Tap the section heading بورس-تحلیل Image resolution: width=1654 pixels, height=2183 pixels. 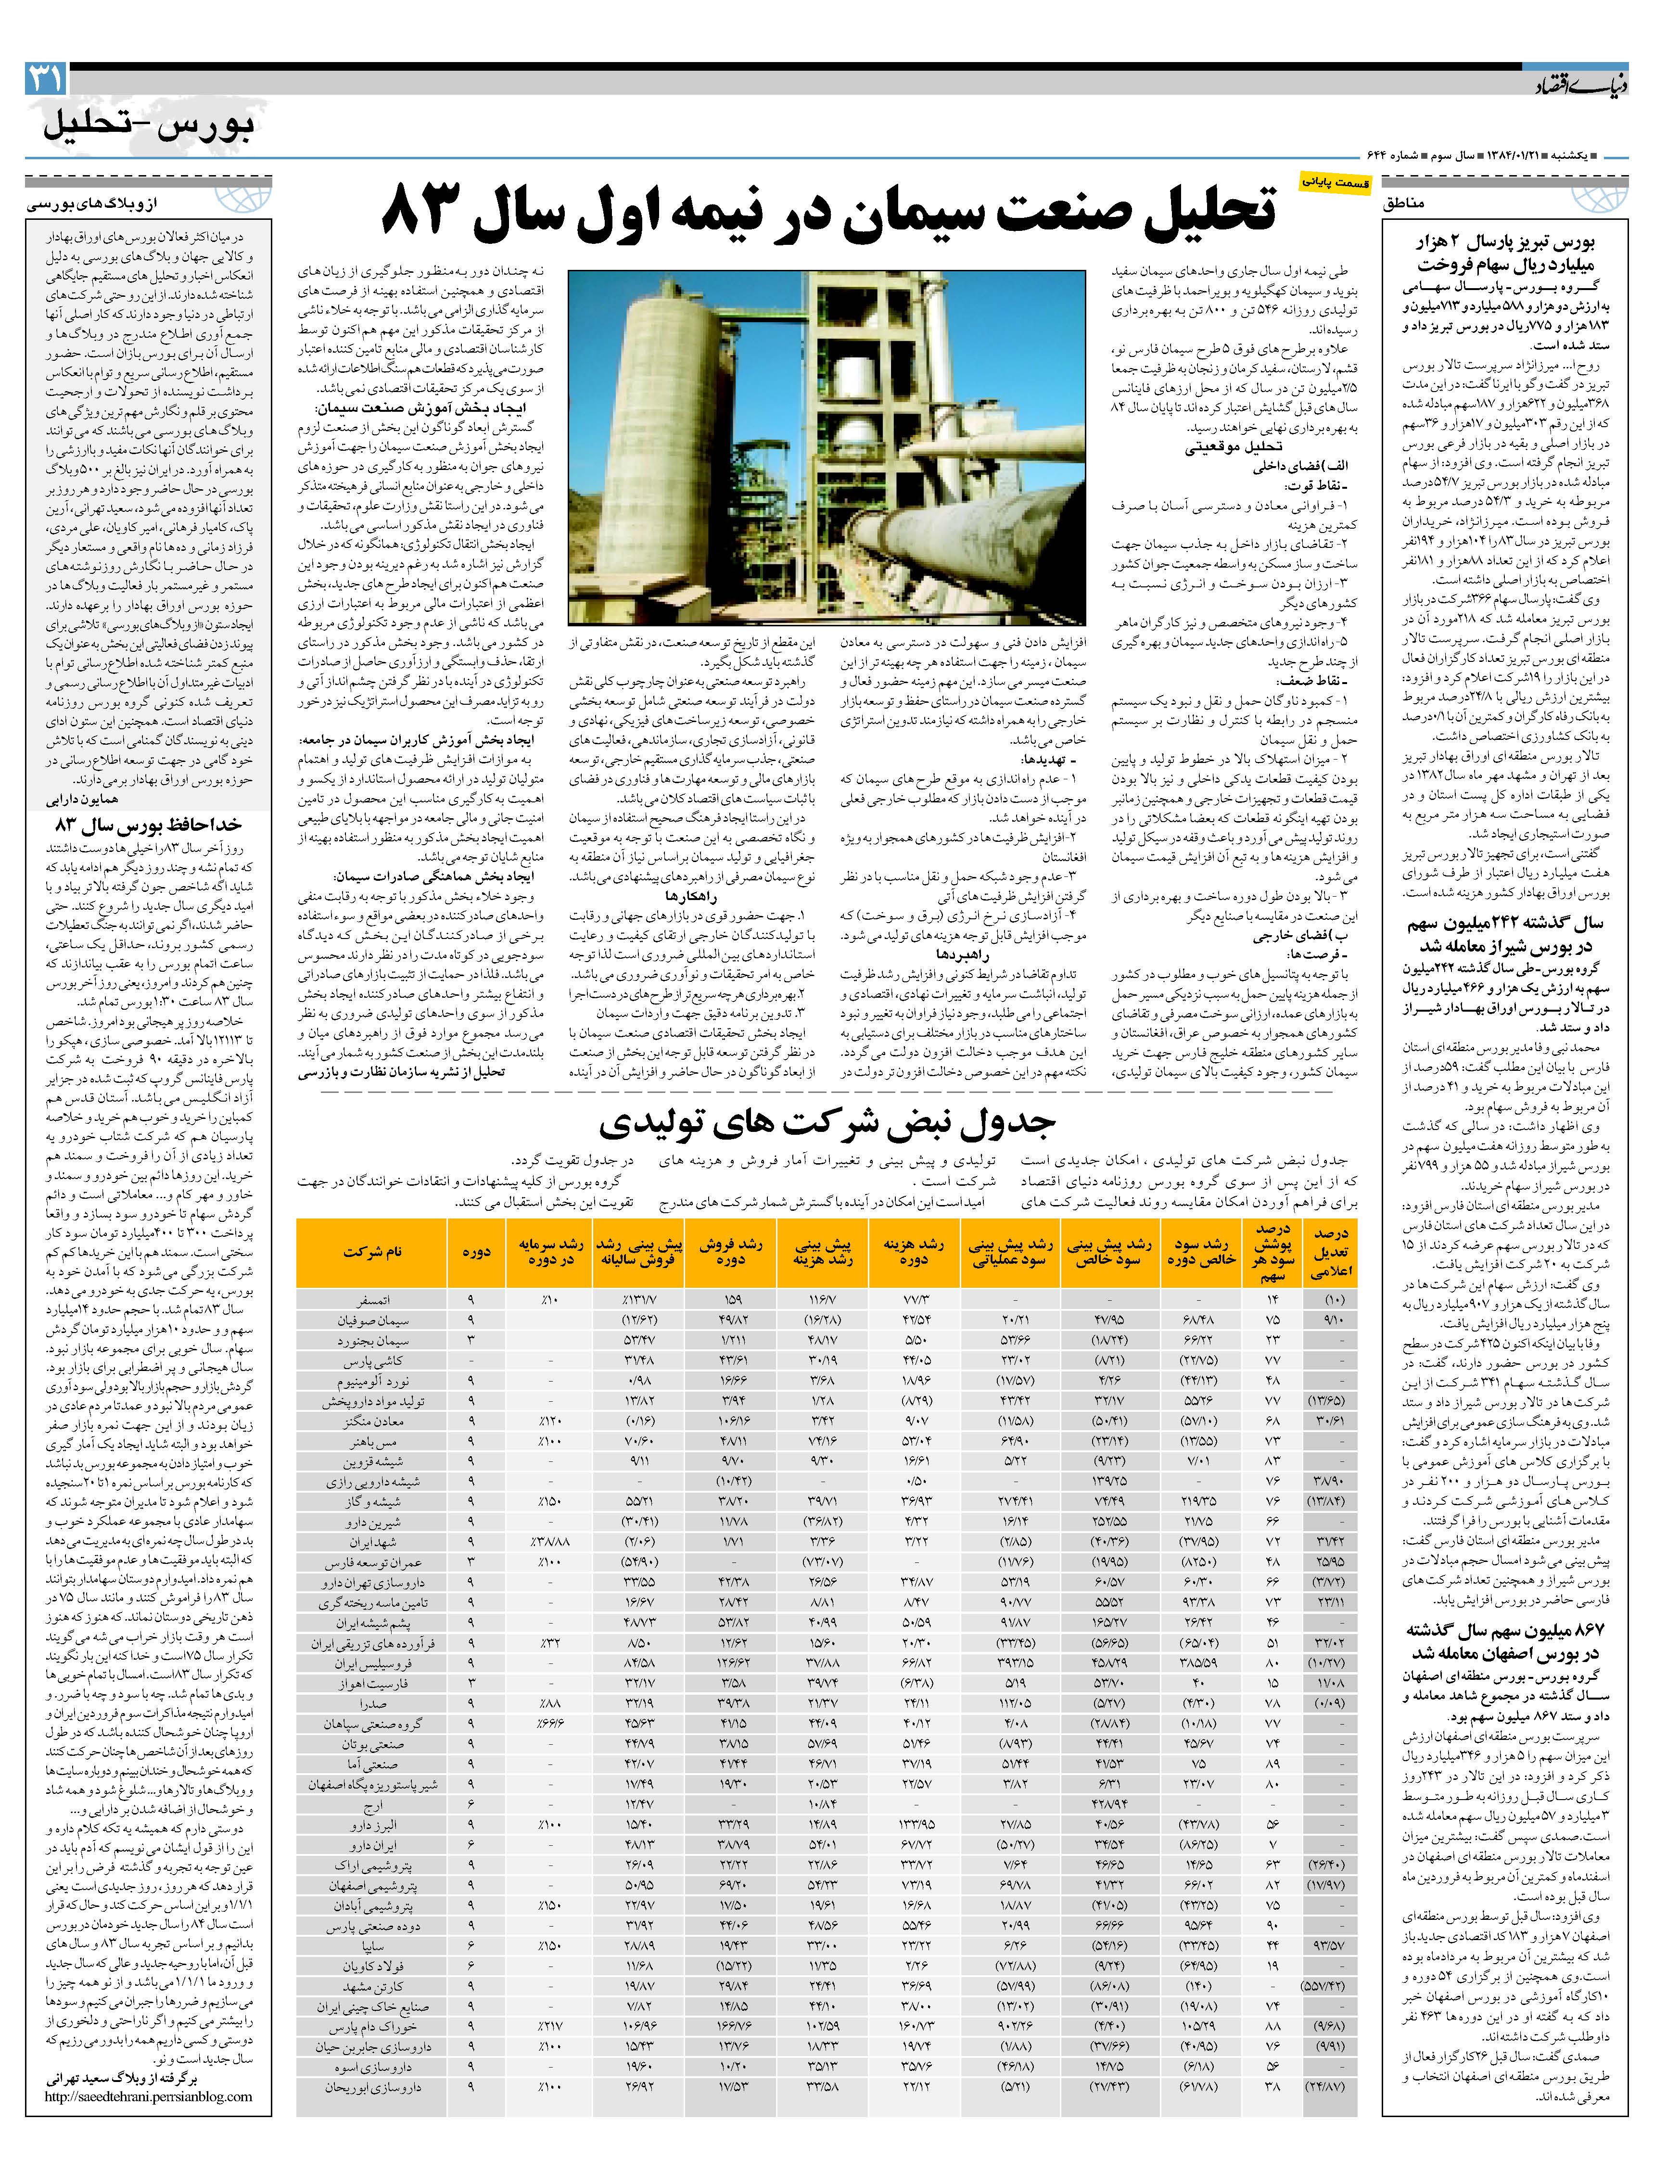point(148,128)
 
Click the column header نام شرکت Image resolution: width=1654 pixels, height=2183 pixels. point(372,1251)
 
